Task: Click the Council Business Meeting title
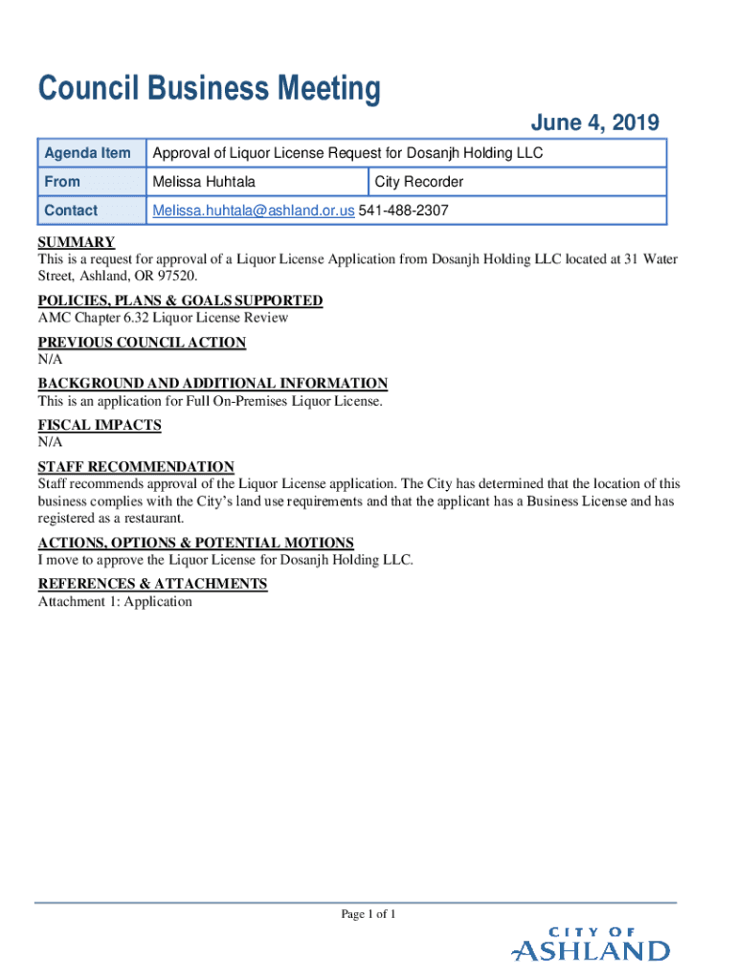(209, 90)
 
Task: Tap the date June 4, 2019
(594, 122)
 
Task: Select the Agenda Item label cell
(87, 153)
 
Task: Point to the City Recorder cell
(419, 182)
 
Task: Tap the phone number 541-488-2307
(404, 211)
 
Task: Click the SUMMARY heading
(77, 242)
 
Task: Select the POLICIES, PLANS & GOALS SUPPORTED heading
(180, 301)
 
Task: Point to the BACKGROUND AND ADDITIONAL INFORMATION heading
(212, 384)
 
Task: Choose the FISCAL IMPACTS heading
(100, 425)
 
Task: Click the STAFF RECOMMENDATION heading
(136, 467)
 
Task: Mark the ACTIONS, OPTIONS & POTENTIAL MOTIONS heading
(195, 543)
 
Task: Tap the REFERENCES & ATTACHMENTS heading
(152, 584)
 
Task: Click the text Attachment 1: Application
(115, 602)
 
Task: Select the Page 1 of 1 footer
(368, 914)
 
